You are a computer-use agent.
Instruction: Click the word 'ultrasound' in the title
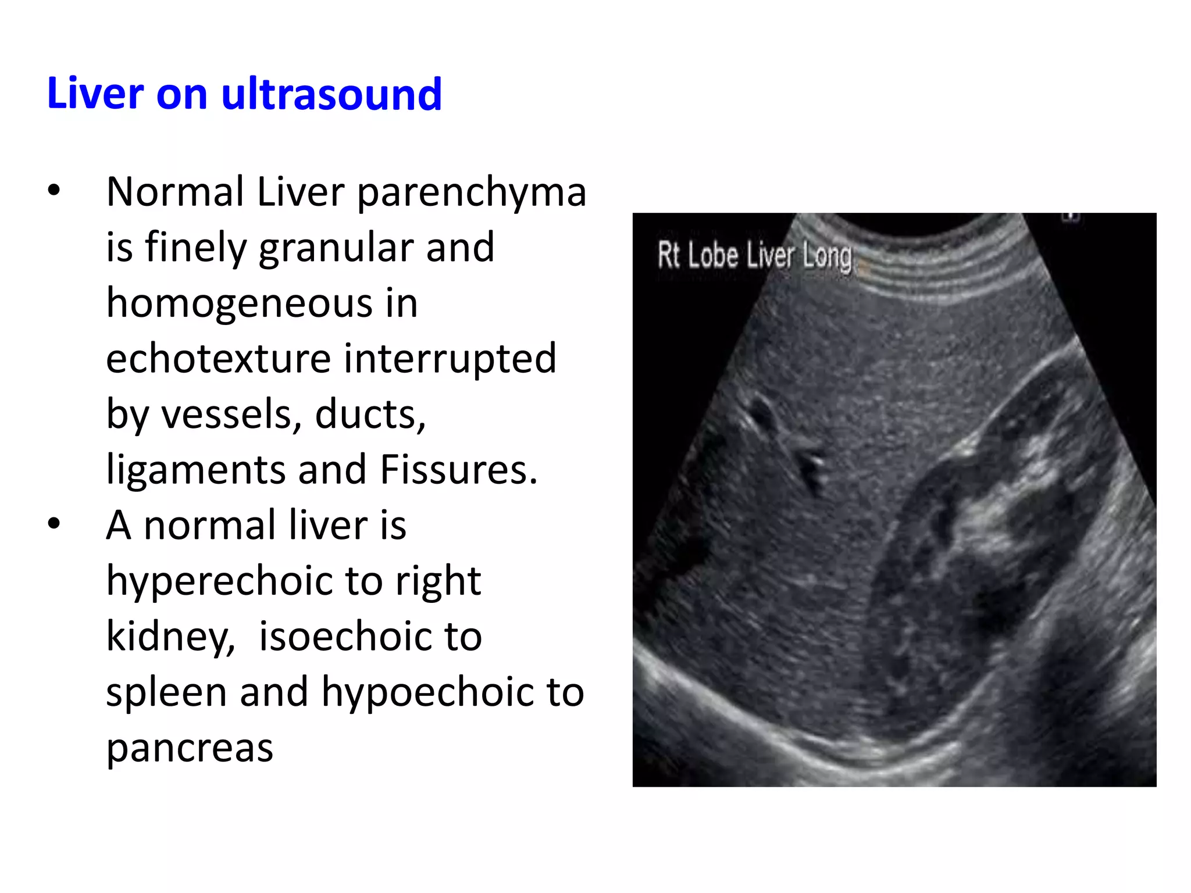331,94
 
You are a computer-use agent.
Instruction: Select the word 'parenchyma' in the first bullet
471,193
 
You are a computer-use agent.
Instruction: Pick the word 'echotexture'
218,359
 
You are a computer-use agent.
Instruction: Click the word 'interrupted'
450,359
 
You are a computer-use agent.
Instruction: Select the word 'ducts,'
370,414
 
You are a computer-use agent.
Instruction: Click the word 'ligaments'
195,470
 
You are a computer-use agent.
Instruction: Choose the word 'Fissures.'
458,470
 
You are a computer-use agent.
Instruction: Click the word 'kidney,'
170,637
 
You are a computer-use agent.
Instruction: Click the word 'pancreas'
190,748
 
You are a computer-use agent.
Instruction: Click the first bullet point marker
54,191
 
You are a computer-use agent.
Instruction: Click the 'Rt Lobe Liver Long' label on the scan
754,256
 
